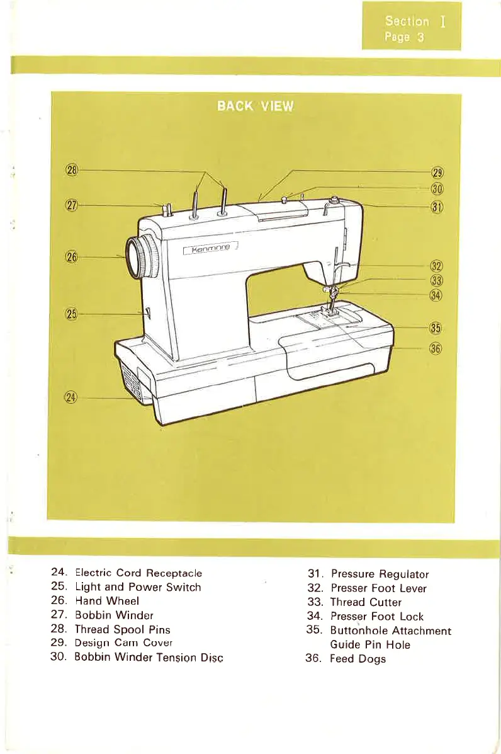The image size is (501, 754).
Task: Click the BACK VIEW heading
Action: [255, 106]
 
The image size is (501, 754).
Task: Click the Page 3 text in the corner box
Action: [404, 37]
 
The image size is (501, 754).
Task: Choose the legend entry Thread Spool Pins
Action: [123, 629]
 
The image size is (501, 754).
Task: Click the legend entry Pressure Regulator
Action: [380, 574]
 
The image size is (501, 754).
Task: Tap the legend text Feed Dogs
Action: [358, 659]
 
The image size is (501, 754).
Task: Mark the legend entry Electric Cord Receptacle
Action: [138, 573]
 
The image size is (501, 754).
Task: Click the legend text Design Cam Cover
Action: [123, 643]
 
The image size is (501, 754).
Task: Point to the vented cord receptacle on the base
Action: [134, 380]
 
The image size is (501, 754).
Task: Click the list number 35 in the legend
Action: [312, 630]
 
